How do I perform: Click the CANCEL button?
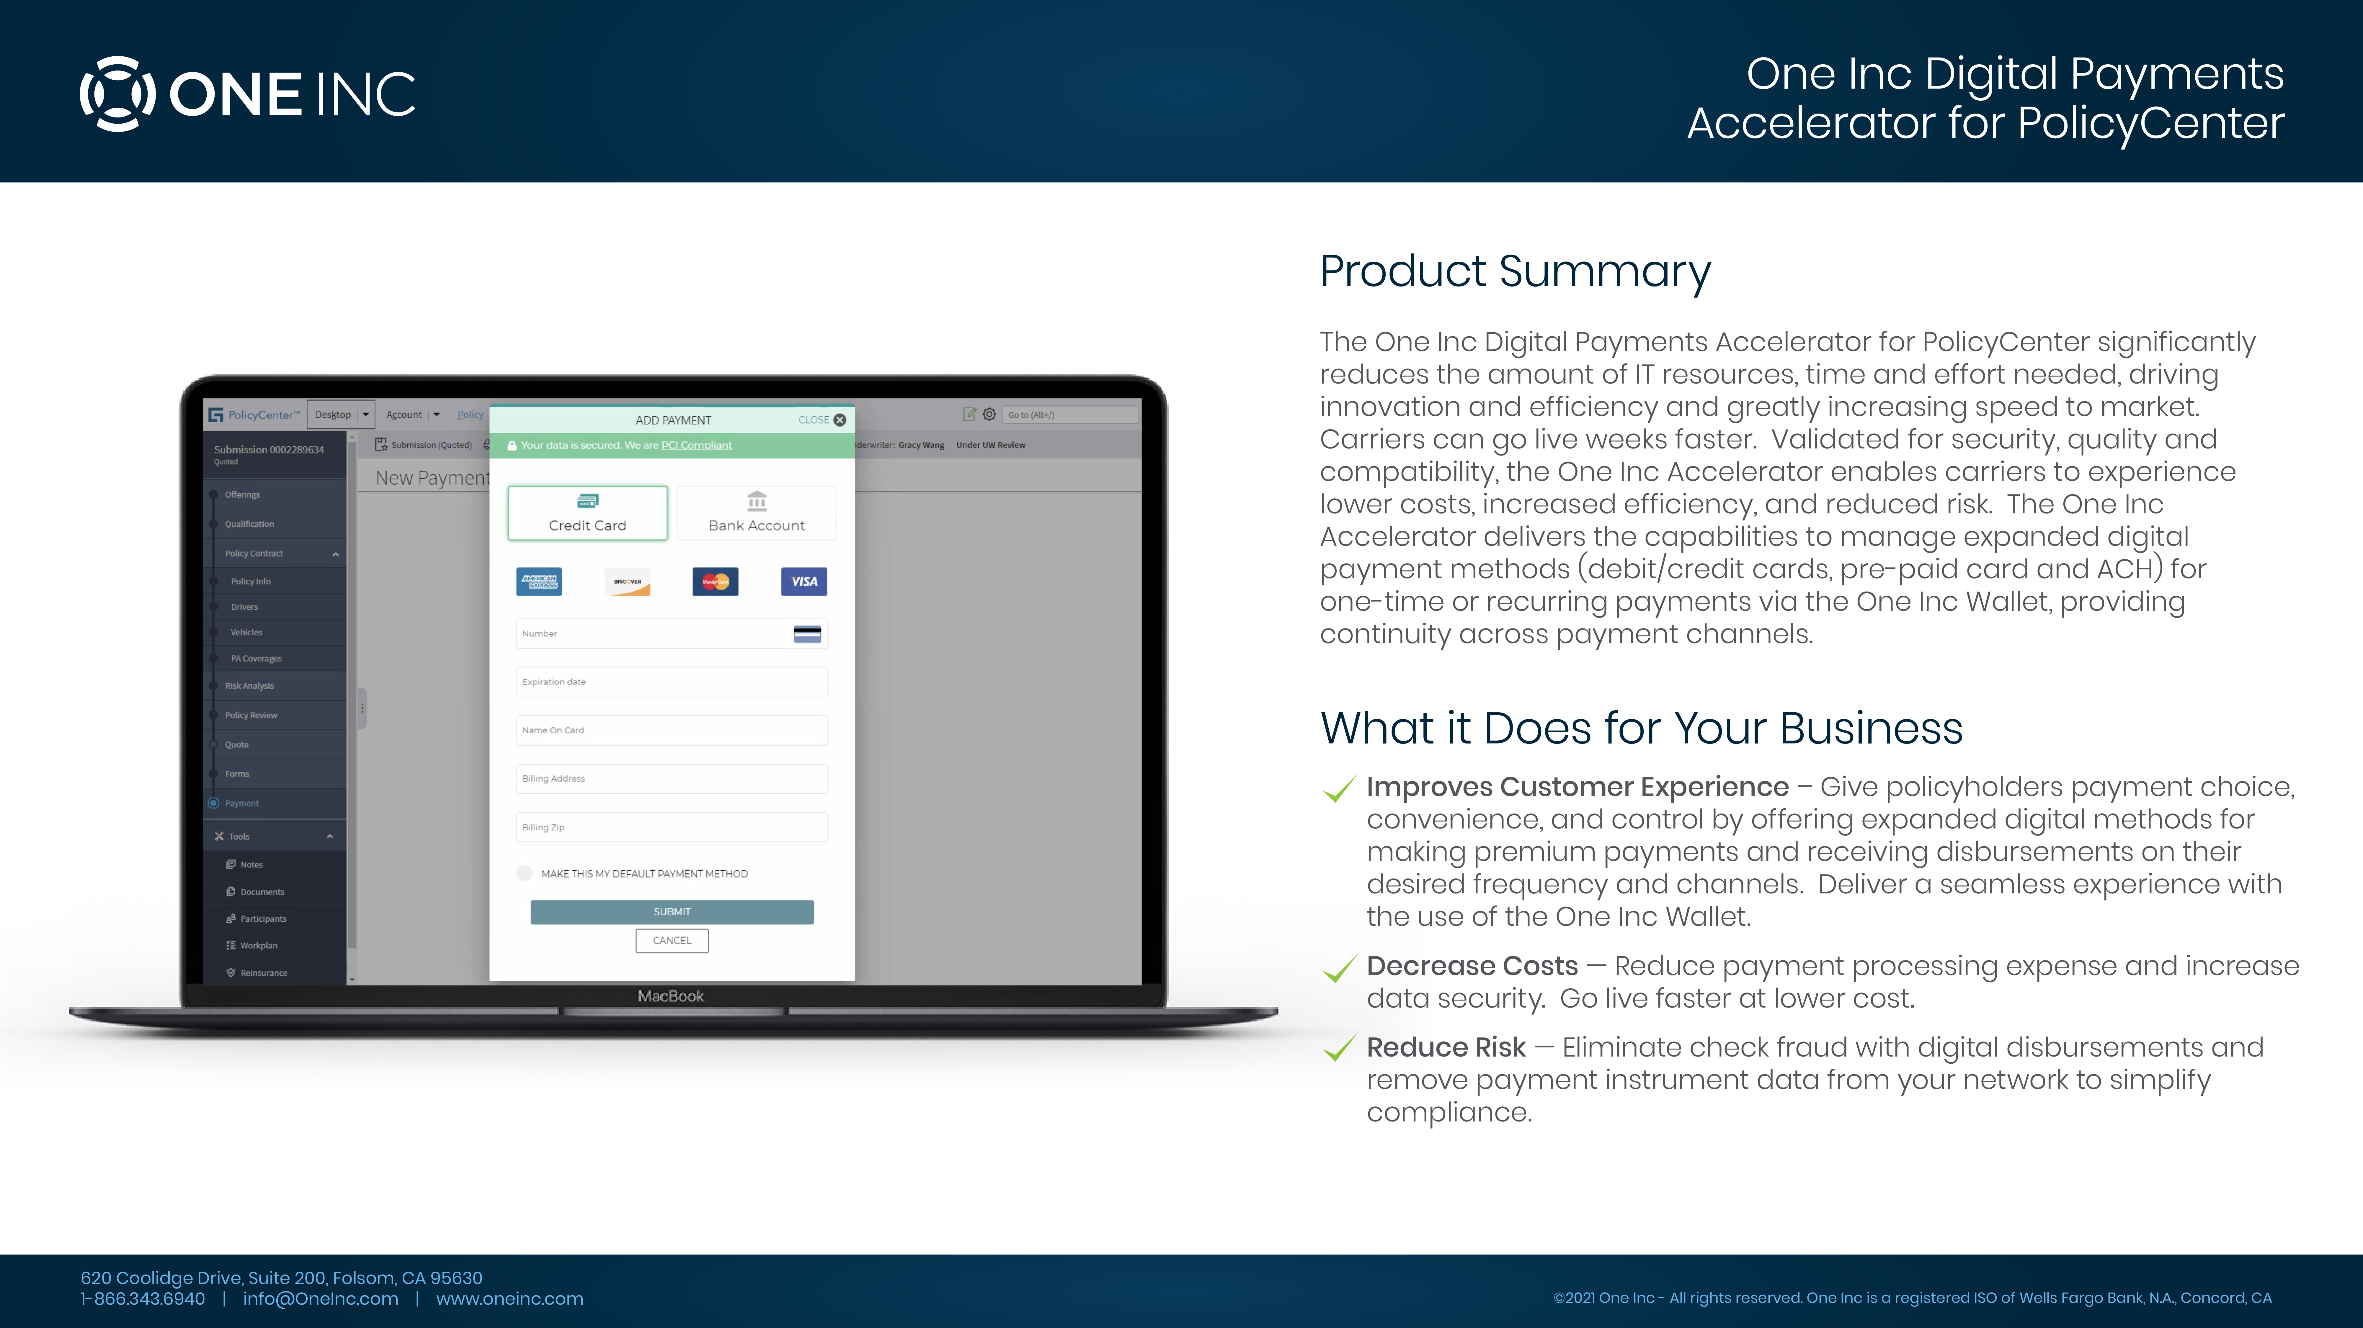tap(672, 940)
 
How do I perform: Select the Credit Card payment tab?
tap(587, 513)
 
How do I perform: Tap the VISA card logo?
tap(804, 582)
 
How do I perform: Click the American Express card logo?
tap(539, 582)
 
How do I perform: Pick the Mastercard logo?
tap(716, 582)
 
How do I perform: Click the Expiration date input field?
tap(672, 682)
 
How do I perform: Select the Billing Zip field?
tap(672, 827)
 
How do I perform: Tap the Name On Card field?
tap(672, 730)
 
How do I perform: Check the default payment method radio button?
tap(525, 873)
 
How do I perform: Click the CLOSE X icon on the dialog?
tap(839, 420)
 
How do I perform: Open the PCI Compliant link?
tap(696, 446)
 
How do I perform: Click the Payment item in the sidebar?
tap(242, 803)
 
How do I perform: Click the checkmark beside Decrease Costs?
tap(1339, 968)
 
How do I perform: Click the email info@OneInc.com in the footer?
tap(320, 1299)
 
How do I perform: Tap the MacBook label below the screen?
tap(671, 996)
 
